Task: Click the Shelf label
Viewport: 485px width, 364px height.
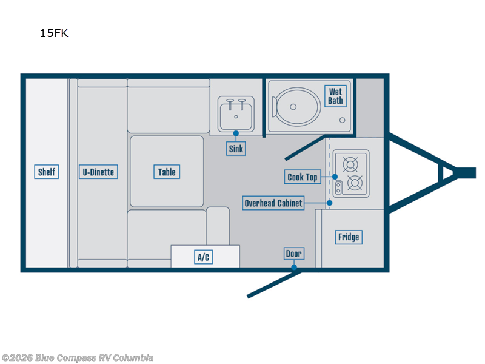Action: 47,172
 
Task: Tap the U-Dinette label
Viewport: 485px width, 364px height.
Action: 98,172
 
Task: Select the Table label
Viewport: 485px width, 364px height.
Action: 167,172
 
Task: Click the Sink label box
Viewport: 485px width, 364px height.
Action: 236,149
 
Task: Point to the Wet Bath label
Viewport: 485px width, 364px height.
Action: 335,96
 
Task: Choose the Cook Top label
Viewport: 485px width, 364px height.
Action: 303,177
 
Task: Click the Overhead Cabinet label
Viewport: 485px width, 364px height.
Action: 273,203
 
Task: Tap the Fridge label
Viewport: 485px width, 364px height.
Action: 349,237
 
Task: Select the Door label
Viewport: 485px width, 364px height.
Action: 294,254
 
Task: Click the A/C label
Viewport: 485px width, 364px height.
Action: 204,257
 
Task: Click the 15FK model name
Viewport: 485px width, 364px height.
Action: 54,33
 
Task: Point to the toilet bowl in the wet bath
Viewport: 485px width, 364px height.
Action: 296,107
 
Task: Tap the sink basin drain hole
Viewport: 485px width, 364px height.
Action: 236,116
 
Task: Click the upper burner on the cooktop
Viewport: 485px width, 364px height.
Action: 350,164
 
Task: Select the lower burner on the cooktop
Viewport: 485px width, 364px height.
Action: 355,183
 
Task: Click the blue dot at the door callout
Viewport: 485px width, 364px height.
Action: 294,267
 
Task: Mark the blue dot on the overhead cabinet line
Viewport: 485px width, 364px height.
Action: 330,203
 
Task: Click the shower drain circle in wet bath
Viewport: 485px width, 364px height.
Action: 343,120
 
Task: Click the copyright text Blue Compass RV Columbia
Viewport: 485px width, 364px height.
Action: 78,358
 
